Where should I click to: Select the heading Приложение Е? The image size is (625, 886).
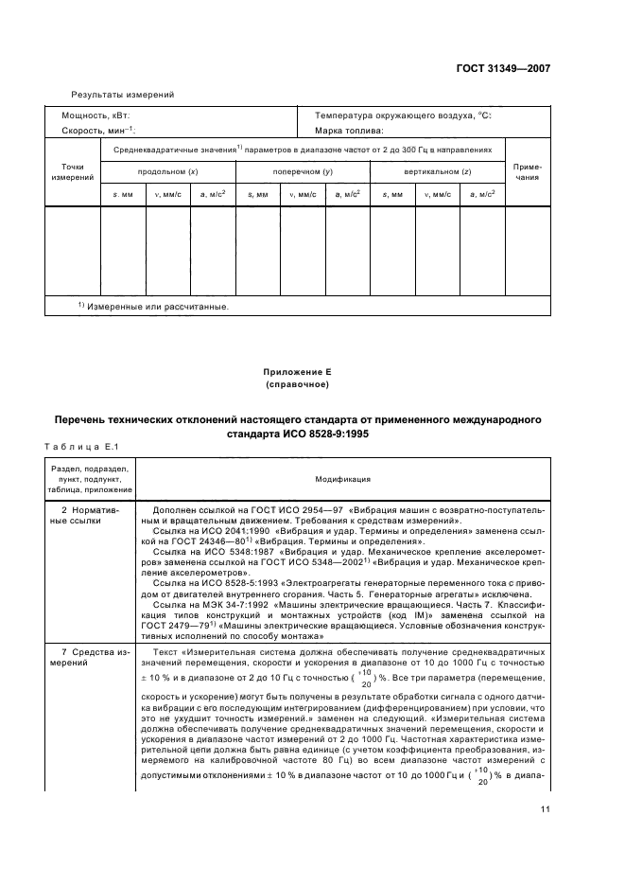[311, 374]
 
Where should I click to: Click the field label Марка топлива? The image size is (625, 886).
[349, 130]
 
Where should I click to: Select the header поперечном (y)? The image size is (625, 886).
[303, 171]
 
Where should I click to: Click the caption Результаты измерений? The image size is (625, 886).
[123, 94]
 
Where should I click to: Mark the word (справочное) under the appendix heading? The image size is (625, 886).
[311, 385]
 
